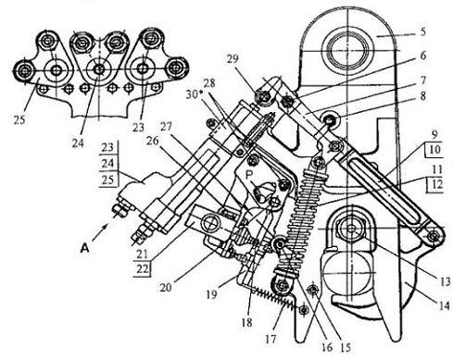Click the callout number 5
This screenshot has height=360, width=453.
pyautogui.click(x=422, y=31)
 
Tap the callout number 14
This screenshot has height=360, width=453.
pyautogui.click(x=444, y=306)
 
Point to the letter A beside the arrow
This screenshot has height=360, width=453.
pyautogui.click(x=84, y=248)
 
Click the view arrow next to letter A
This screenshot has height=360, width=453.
pyautogui.click(x=100, y=232)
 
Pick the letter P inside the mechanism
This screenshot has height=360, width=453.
pyautogui.click(x=249, y=175)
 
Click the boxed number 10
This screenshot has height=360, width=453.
pyautogui.click(x=434, y=150)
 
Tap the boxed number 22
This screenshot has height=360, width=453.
pyautogui.click(x=143, y=269)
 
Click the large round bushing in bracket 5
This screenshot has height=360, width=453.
pyautogui.click(x=347, y=50)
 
